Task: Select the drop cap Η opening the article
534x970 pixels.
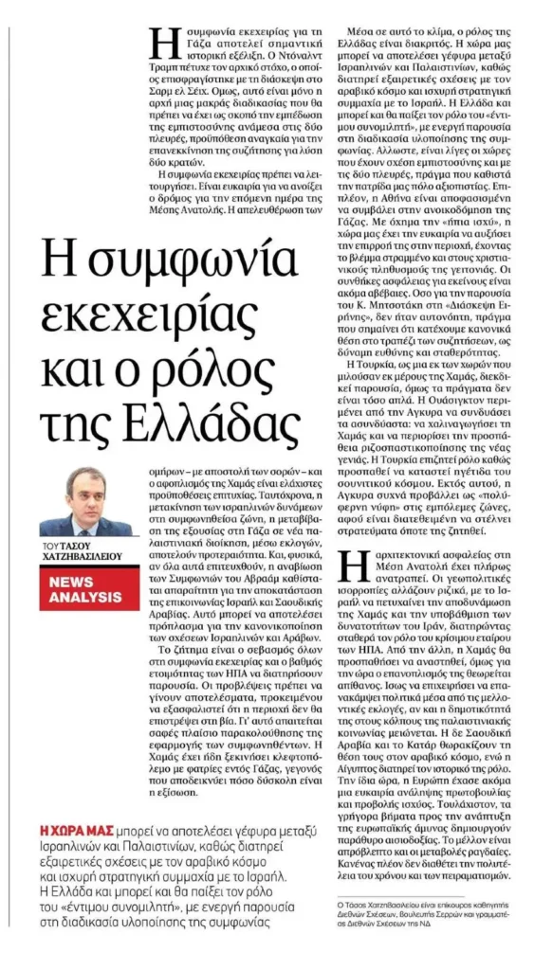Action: [x=163, y=44]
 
